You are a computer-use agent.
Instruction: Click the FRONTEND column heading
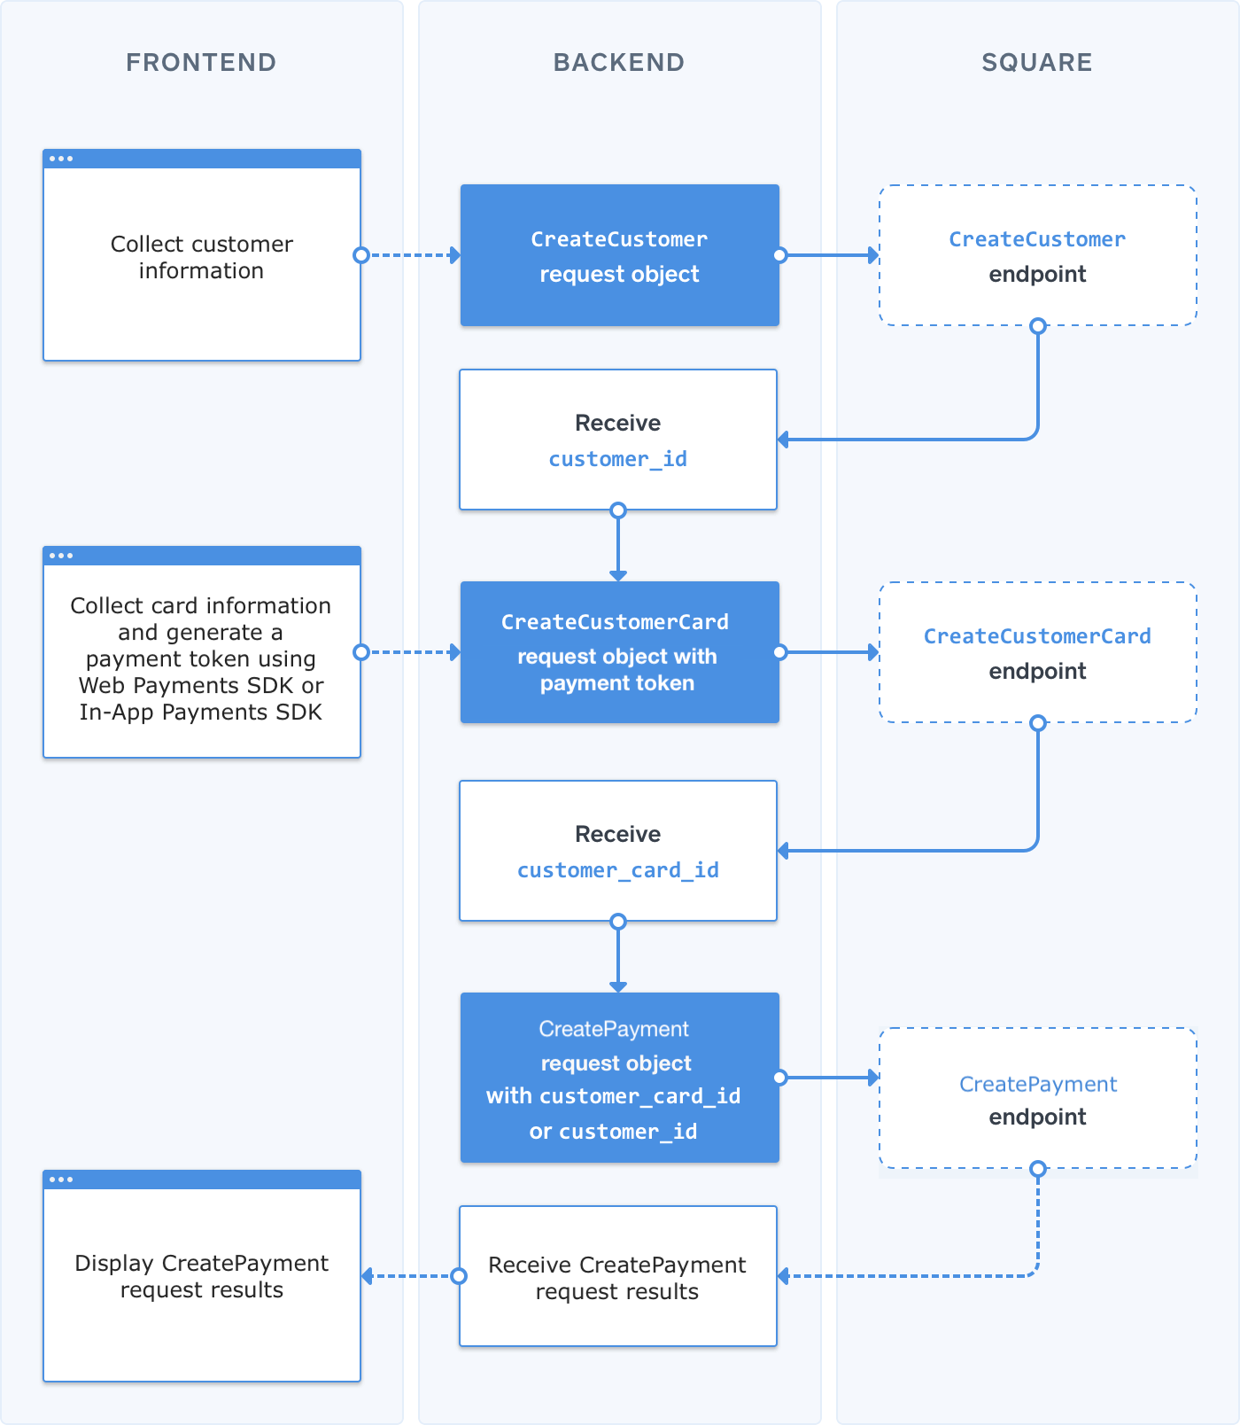coord(201,62)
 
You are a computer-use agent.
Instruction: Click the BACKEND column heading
coord(619,62)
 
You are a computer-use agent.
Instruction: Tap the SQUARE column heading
coord(1037,62)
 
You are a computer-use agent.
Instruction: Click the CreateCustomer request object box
coord(619,256)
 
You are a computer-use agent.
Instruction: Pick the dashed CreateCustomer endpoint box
coord(1037,256)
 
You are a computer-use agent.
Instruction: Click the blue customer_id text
coord(617,459)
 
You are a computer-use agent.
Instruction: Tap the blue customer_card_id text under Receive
coord(617,870)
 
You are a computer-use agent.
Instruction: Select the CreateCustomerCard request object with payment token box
coord(619,653)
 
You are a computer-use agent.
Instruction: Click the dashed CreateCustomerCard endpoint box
coord(1037,653)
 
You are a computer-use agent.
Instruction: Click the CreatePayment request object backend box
coord(619,1078)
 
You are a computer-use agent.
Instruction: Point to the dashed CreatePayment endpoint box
coord(1037,1099)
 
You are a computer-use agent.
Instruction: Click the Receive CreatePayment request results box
coord(617,1277)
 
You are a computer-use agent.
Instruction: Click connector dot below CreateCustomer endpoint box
coord(1038,325)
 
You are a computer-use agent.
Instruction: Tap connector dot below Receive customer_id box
coord(618,510)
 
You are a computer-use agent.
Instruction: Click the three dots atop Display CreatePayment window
coord(61,1180)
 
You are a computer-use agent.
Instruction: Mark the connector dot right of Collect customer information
coord(360,255)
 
